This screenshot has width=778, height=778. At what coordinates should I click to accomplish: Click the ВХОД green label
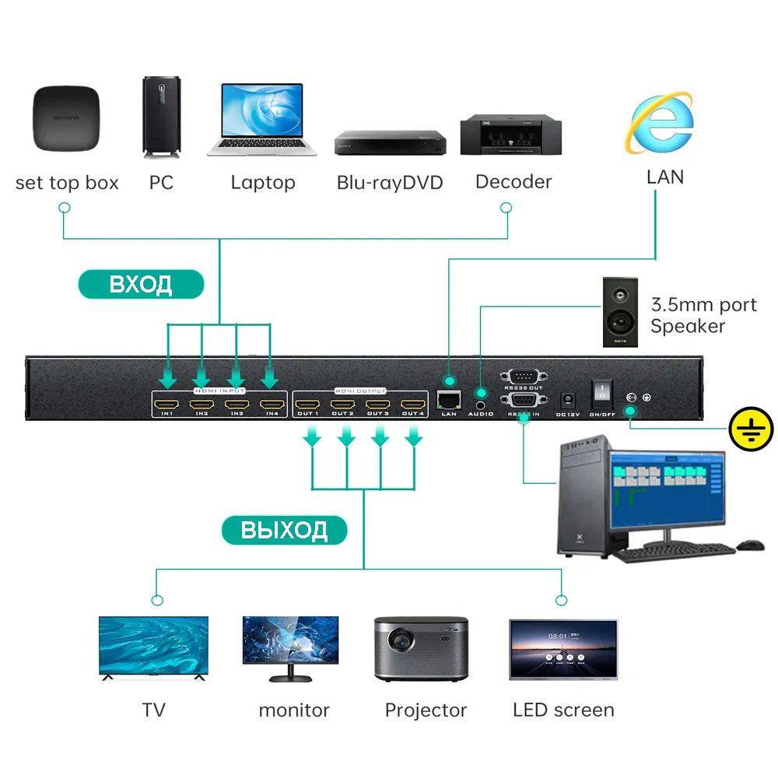(141, 285)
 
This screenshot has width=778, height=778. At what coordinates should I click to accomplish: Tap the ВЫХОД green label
(284, 530)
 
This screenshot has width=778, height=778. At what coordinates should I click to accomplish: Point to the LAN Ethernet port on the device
(448, 400)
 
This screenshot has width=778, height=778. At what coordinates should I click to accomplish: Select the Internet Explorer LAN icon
(661, 125)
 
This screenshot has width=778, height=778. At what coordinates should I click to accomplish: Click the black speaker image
(620, 312)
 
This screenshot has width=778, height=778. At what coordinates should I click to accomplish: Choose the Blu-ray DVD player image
(391, 142)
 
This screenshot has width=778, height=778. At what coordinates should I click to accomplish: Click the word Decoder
(513, 182)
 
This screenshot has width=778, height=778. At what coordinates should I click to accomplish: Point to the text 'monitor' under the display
(294, 710)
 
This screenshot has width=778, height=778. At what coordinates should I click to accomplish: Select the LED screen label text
(563, 710)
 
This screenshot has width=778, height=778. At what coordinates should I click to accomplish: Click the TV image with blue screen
(154, 649)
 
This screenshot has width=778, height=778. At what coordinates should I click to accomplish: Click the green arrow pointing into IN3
(236, 379)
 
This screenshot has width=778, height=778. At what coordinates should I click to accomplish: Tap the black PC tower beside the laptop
(162, 116)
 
